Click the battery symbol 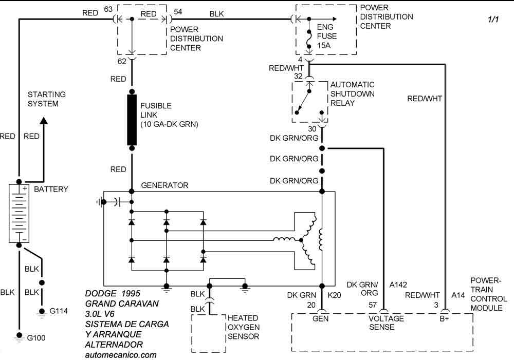tap(19, 213)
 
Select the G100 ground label tap(35, 337)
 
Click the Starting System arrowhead tap(44, 121)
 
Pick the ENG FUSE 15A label tap(327, 36)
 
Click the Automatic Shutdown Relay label tap(352, 93)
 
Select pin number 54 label tap(177, 11)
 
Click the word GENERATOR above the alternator tap(164, 185)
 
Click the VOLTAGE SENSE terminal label tap(387, 323)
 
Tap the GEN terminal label tap(322, 319)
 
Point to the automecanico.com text tap(121, 354)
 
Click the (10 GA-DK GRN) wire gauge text tap(169, 124)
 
